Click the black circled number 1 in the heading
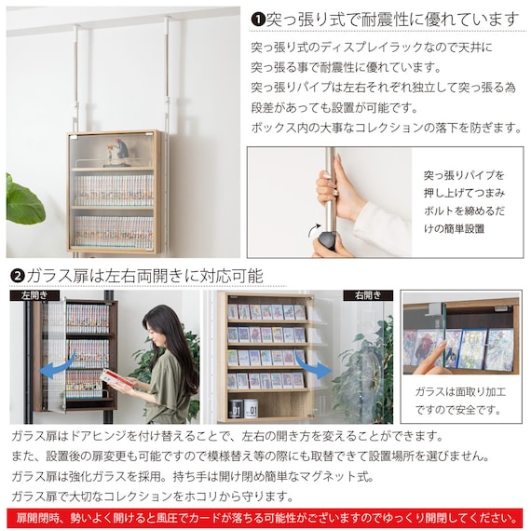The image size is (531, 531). pyautogui.click(x=258, y=20)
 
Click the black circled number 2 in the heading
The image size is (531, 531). pyautogui.click(x=18, y=277)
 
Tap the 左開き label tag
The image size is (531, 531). pyautogui.click(x=34, y=295)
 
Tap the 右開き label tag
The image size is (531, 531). pyautogui.click(x=368, y=295)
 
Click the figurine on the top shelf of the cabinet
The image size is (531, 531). pyautogui.click(x=116, y=152)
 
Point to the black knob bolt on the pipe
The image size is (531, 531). pyautogui.click(x=327, y=240)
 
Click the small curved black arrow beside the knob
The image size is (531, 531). pyautogui.click(x=314, y=230)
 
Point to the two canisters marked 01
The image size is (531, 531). pyautogui.click(x=243, y=409)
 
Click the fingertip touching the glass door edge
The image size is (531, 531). pyautogui.click(x=442, y=346)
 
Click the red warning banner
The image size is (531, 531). pyautogui.click(x=265, y=518)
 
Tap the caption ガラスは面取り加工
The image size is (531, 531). pyautogui.click(x=460, y=392)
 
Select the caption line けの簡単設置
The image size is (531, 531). pyautogui.click(x=454, y=228)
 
